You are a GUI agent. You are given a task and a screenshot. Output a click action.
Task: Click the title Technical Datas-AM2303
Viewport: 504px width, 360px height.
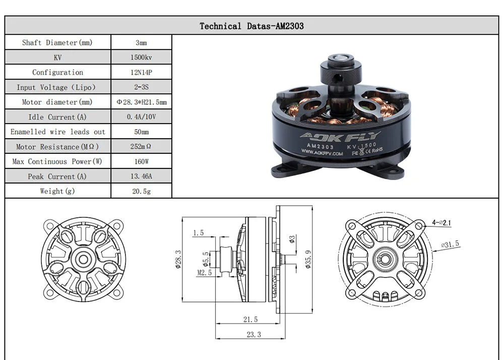click(251, 26)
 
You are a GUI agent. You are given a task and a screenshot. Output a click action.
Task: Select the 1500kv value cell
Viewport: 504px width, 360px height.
click(141, 57)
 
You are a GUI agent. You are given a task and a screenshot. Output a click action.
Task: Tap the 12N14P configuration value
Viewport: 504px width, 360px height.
click(141, 72)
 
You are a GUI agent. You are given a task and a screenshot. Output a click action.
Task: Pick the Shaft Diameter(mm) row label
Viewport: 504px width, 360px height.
click(57, 42)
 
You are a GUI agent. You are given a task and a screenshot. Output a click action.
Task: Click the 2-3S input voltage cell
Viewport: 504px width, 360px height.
click(141, 87)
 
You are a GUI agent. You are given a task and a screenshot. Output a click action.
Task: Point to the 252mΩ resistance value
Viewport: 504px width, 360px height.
click(141, 147)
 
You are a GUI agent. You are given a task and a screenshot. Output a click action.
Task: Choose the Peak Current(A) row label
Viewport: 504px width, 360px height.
click(57, 176)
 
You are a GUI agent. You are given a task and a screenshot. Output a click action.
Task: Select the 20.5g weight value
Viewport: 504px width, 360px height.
click(142, 191)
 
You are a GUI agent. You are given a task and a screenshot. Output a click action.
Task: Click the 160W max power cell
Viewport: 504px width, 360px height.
click(141, 161)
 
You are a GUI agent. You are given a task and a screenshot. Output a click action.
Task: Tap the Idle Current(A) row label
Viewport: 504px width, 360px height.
click(57, 117)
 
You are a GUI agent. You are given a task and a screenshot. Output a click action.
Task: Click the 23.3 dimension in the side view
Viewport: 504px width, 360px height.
click(254, 335)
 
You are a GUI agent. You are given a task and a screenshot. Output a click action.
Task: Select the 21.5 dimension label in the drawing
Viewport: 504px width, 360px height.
click(250, 320)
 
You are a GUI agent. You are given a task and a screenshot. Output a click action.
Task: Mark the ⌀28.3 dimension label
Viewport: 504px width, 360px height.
click(178, 260)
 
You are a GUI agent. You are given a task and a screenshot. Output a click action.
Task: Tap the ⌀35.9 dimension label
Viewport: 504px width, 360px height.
click(308, 259)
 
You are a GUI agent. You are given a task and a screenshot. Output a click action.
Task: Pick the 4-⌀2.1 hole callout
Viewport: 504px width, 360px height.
click(442, 222)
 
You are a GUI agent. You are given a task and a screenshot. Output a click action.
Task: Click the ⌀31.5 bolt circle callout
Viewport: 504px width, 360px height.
click(450, 244)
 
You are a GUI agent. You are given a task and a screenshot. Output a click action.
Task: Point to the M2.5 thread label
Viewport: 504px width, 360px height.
click(205, 273)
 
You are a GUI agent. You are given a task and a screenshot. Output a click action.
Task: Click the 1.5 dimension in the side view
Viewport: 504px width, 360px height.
click(198, 233)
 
